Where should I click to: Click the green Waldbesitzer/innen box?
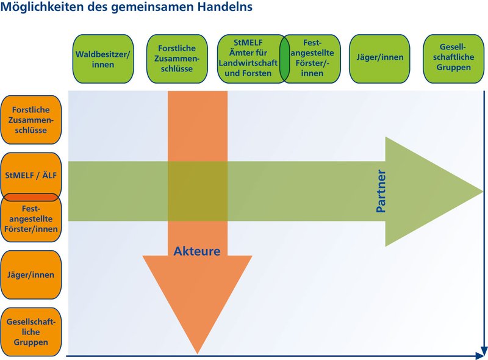pyautogui.click(x=102, y=59)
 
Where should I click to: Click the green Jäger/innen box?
pyautogui.click(x=379, y=59)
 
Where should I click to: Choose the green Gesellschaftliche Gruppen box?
pyautogui.click(x=453, y=59)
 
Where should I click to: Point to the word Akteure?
pyautogui.click(x=196, y=251)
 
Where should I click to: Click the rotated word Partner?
pyautogui.click(x=381, y=191)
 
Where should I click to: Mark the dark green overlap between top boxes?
pyautogui.click(x=284, y=59)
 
